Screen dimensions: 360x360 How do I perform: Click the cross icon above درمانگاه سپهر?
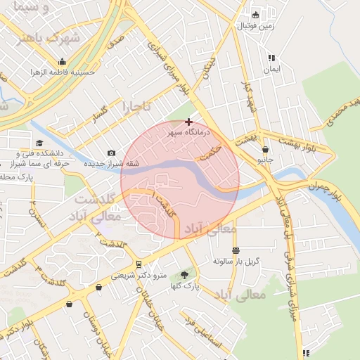coord(188,122)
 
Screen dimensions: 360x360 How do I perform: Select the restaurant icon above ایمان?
coord(271,59)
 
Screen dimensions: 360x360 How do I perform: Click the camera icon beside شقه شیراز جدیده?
coord(112,153)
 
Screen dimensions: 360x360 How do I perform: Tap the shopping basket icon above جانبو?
coord(265,149)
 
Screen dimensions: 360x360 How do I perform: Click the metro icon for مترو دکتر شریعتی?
coord(139,264)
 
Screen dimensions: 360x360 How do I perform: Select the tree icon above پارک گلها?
coord(186,276)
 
